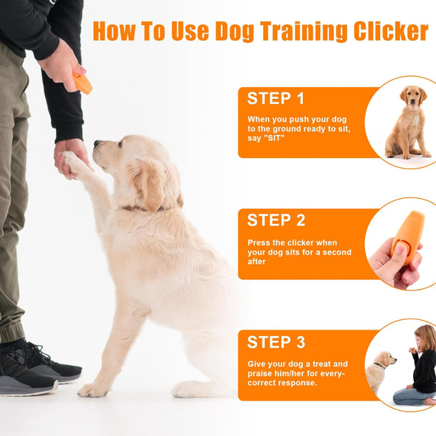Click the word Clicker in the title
(391, 31)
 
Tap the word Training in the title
(304, 32)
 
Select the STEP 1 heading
(276, 98)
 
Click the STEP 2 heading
(276, 220)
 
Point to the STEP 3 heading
(276, 341)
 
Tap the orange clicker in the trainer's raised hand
(83, 84)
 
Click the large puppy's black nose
(97, 143)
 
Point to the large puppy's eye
(120, 144)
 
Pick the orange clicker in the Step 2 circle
(408, 236)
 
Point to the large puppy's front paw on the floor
(92, 389)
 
